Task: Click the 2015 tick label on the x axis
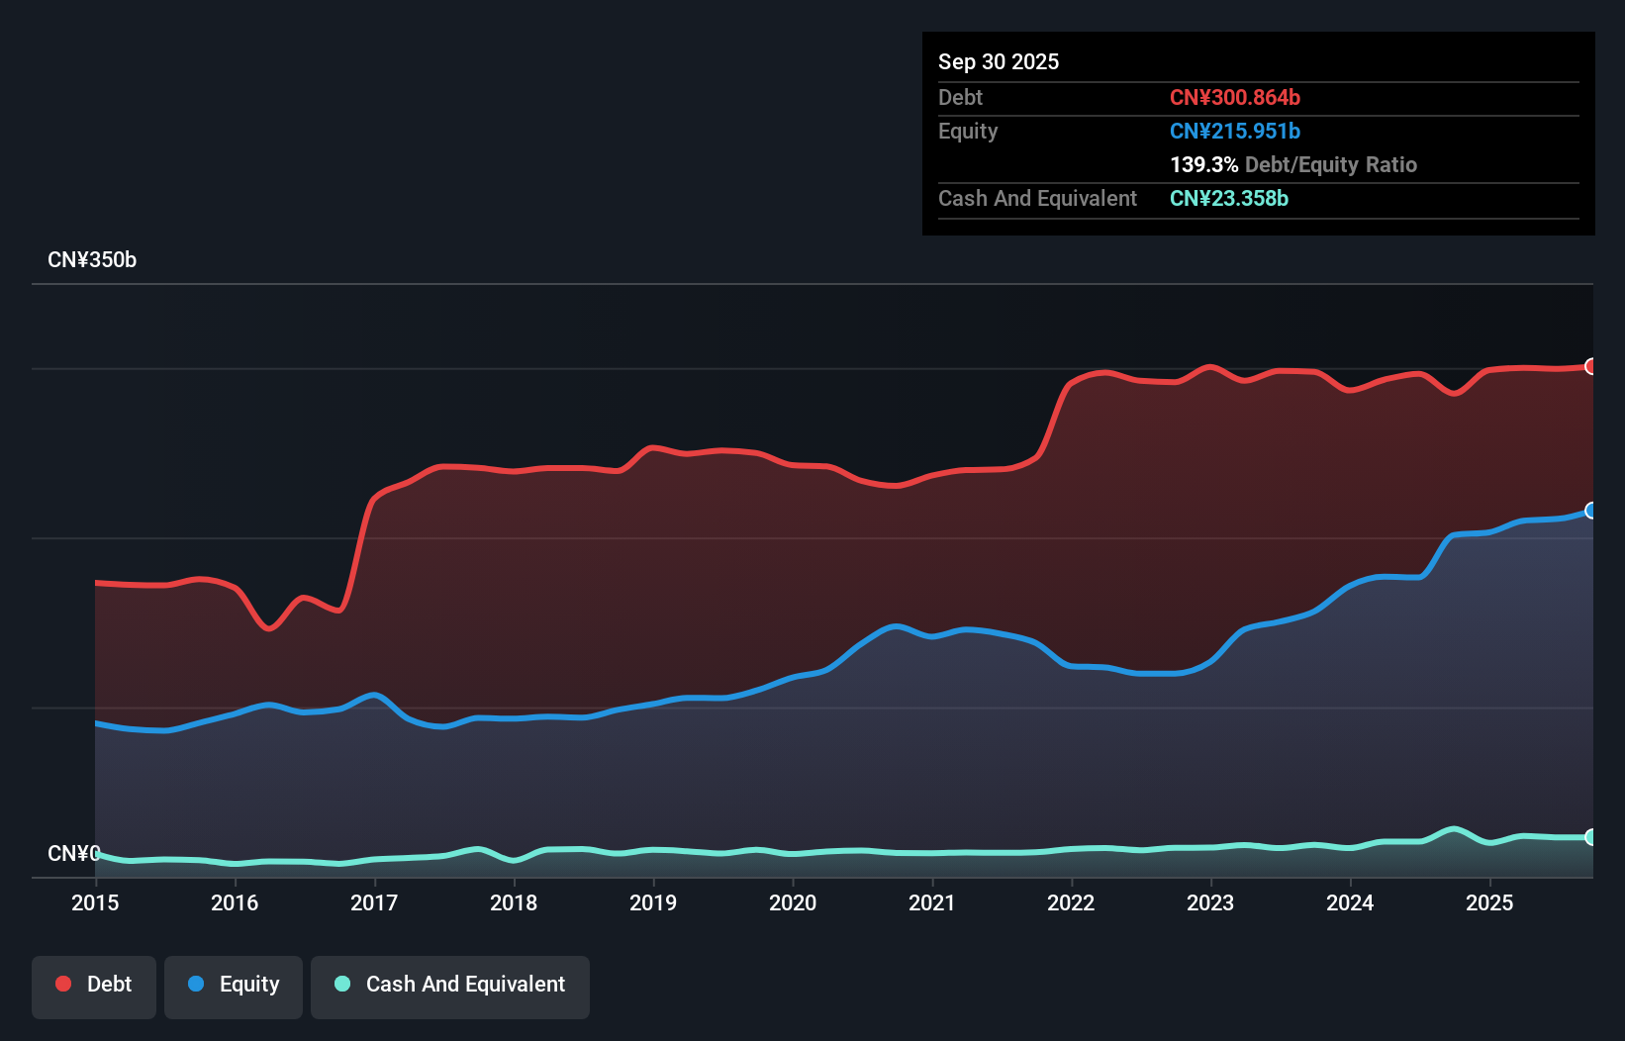pyautogui.click(x=95, y=902)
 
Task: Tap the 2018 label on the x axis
pyautogui.click(x=514, y=902)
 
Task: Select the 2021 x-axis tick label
pyautogui.click(x=932, y=902)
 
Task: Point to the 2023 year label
pyautogui.click(x=1210, y=902)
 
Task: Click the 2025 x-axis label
pyautogui.click(x=1489, y=902)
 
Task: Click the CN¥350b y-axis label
pyautogui.click(x=92, y=260)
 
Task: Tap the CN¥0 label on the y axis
pyautogui.click(x=73, y=853)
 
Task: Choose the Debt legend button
pyautogui.click(x=94, y=985)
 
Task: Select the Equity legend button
pyautogui.click(x=234, y=985)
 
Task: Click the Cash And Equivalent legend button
pyautogui.click(x=450, y=985)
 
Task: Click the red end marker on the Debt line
pyautogui.click(x=1590, y=367)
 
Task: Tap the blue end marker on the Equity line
pyautogui.click(x=1590, y=511)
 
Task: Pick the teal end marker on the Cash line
pyautogui.click(x=1590, y=837)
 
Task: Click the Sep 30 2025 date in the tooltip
pyautogui.click(x=998, y=61)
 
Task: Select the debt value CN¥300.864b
pyautogui.click(x=1234, y=97)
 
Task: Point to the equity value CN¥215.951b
pyautogui.click(x=1234, y=131)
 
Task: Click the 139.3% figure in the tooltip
pyautogui.click(x=1203, y=164)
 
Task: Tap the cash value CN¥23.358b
pyautogui.click(x=1228, y=198)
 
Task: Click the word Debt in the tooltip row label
pyautogui.click(x=960, y=97)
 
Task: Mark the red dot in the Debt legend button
pyautogui.click(x=63, y=984)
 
